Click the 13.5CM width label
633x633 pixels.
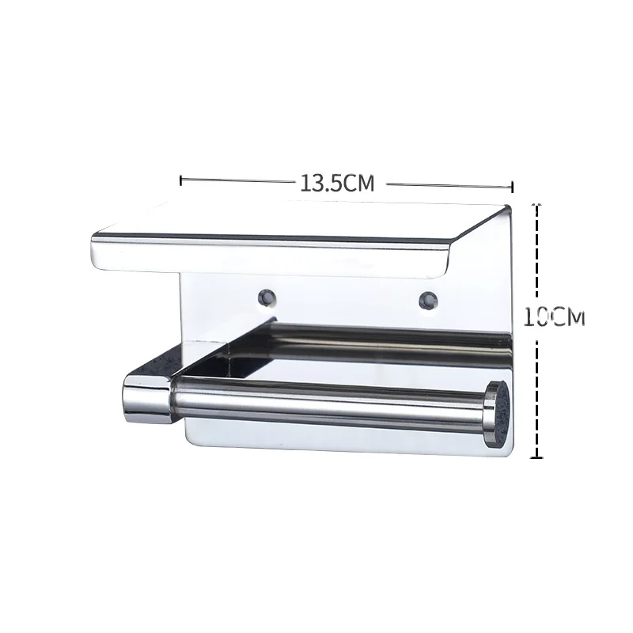pyautogui.click(x=336, y=183)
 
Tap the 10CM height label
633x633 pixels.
pyautogui.click(x=554, y=317)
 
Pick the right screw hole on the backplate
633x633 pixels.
pyautogui.click(x=427, y=300)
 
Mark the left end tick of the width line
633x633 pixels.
pyautogui.click(x=182, y=180)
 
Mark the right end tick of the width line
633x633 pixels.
pyautogui.click(x=513, y=187)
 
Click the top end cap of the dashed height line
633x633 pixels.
pyautogui.click(x=538, y=203)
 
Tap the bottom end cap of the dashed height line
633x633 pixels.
pyautogui.click(x=538, y=457)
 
